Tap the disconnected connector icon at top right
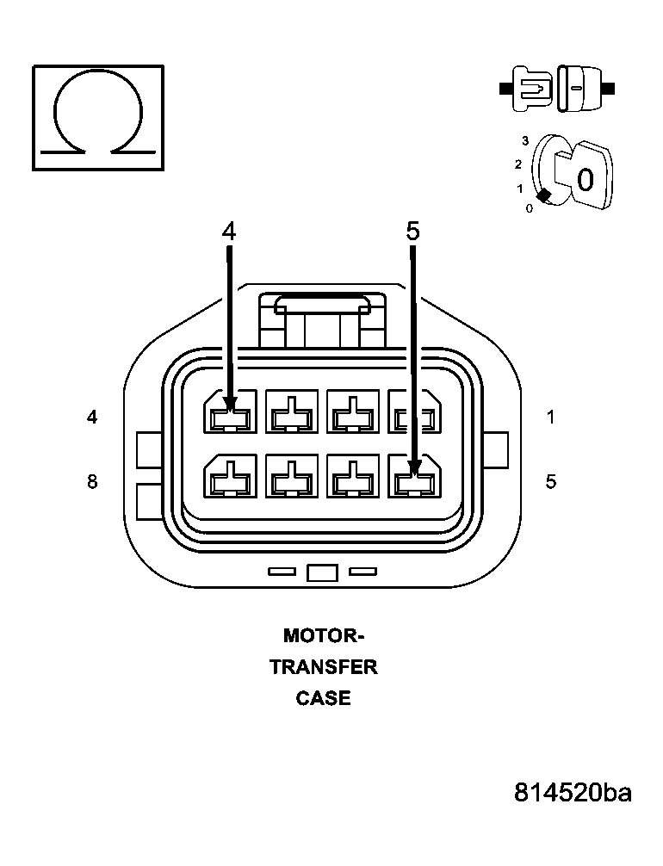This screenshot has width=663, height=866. (556, 88)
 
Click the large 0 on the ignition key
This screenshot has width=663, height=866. (585, 180)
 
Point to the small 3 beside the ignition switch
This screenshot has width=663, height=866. (524, 139)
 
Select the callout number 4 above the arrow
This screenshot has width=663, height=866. (228, 232)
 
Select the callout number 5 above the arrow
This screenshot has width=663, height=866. (412, 232)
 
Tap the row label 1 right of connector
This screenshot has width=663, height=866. (550, 418)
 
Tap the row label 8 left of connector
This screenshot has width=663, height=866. (92, 481)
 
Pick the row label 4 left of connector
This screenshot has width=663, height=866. (92, 418)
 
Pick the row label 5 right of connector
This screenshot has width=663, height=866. (550, 481)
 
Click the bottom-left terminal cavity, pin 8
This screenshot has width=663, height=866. (230, 477)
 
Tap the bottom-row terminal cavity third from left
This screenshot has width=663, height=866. (353, 477)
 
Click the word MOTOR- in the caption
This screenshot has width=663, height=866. (324, 636)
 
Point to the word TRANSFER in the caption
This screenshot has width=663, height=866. (324, 667)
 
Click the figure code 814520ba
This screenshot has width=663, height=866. (573, 792)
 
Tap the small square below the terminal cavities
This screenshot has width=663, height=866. (321, 572)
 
